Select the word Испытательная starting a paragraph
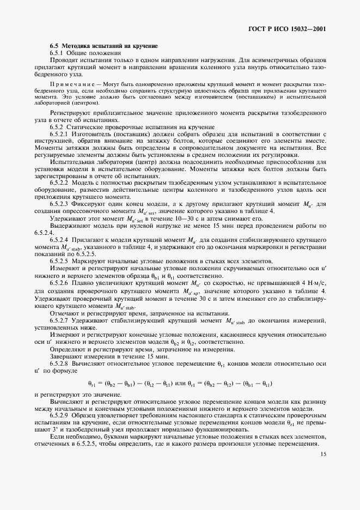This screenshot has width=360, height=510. pyautogui.click(x=74, y=162)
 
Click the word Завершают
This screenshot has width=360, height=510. pyautogui.click(x=66, y=356)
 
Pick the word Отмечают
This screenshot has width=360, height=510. pyautogui.click(x=66, y=313)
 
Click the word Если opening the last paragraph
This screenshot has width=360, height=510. pyautogui.click(x=57, y=437)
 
